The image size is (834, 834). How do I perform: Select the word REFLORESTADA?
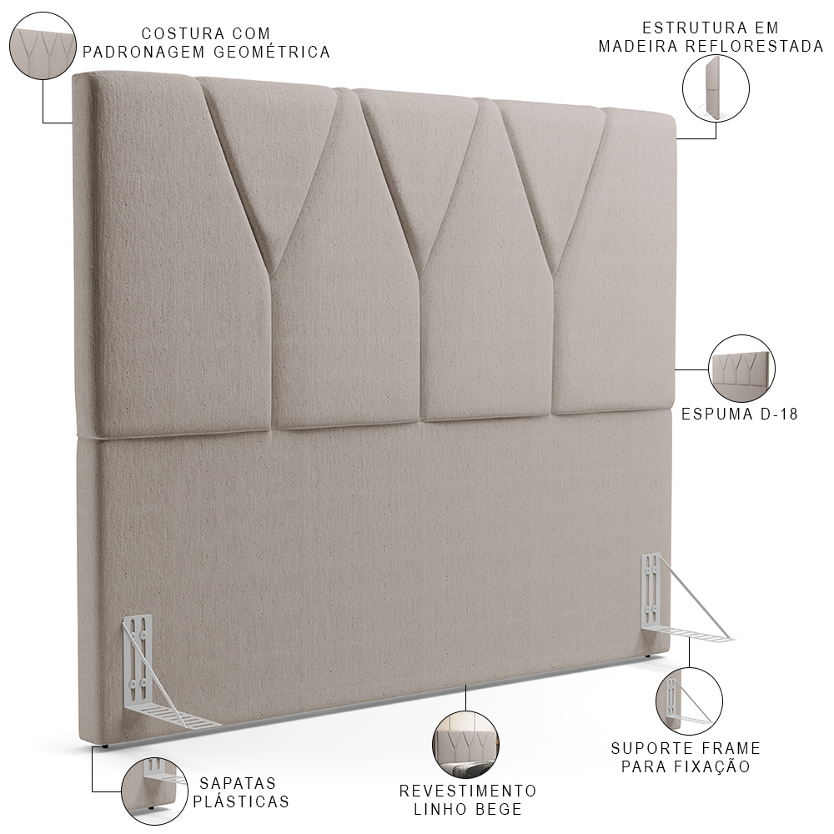click(754, 46)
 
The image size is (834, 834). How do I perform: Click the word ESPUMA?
click(717, 414)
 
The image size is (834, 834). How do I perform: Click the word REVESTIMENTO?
click(468, 791)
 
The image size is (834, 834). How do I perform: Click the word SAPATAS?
click(238, 783)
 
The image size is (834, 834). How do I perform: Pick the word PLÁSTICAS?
click(241, 801)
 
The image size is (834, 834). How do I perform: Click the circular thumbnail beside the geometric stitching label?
click(43, 46)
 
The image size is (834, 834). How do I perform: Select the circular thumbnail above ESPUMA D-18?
click(741, 369)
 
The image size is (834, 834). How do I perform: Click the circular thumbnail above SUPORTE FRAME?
click(690, 701)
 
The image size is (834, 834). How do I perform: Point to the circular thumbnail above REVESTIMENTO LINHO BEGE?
click(465, 745)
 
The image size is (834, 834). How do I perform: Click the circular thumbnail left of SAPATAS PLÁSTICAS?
click(155, 791)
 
